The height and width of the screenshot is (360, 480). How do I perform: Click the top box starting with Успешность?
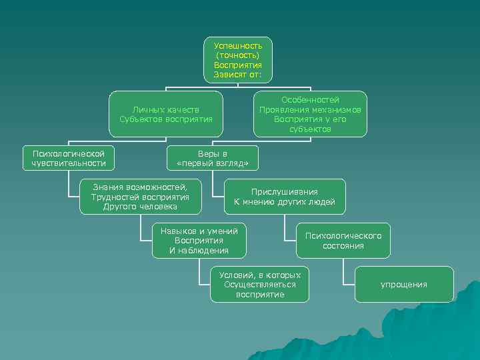[237, 60]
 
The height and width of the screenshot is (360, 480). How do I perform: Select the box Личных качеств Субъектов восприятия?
[165, 114]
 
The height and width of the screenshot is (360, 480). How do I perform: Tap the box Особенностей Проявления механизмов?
[310, 114]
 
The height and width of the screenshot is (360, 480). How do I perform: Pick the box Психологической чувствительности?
[69, 158]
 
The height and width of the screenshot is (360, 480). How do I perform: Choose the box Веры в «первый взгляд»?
[212, 158]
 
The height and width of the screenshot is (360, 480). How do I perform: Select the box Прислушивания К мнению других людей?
[284, 197]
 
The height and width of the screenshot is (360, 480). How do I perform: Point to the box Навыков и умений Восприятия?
[199, 240]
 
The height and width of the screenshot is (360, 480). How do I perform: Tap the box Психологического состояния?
[343, 240]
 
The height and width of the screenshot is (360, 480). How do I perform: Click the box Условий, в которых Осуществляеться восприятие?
[259, 285]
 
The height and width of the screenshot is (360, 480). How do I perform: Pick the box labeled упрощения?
[404, 285]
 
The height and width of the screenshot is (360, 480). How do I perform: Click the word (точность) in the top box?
[238, 55]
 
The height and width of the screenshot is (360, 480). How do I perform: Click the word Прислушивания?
[284, 192]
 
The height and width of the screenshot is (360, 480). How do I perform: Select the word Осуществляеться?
[259, 285]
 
